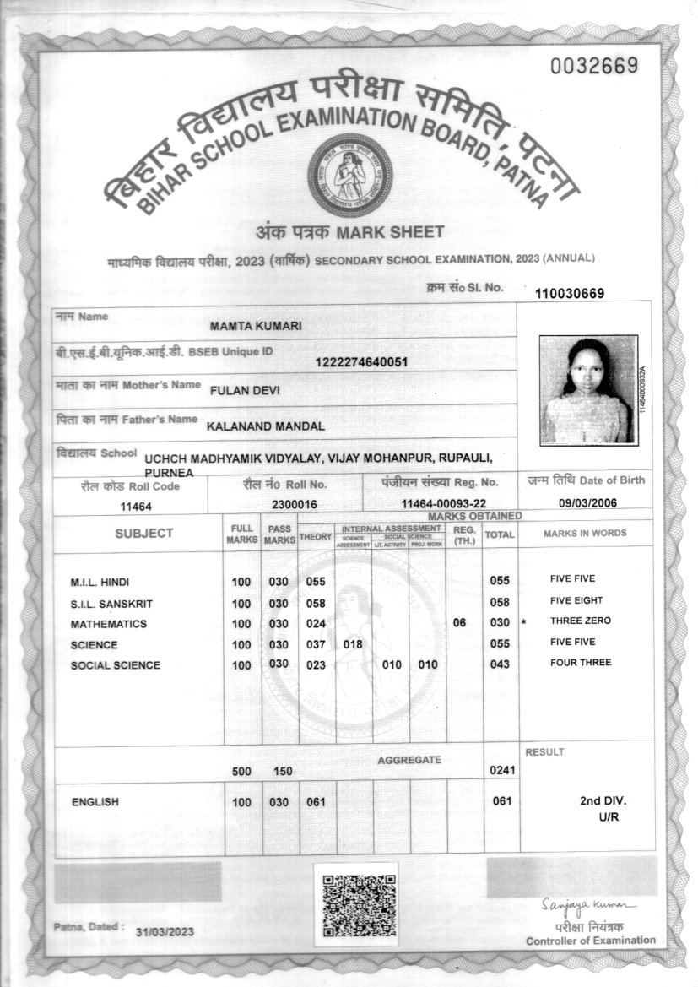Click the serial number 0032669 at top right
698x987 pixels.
593,67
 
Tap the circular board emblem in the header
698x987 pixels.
349,175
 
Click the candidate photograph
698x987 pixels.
588,389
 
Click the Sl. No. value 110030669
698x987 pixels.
581,293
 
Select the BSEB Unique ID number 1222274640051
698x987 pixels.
360,362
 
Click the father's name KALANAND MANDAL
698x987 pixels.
265,426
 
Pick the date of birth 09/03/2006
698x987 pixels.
588,503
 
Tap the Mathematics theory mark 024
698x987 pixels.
316,624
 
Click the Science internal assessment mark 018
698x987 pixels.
353,644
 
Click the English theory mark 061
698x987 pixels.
316,802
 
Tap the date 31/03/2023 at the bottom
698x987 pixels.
165,930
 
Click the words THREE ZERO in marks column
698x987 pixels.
580,621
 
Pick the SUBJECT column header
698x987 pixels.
144,533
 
